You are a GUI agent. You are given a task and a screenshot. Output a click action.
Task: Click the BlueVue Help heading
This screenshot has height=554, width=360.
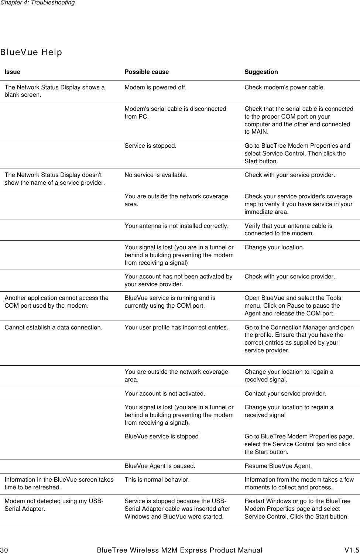[31, 52]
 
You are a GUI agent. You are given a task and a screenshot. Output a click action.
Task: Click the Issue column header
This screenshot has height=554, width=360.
[12, 72]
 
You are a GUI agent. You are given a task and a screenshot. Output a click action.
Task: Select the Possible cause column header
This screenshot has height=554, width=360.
[147, 72]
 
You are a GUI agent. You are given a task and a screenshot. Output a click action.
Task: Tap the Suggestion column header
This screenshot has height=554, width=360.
[261, 72]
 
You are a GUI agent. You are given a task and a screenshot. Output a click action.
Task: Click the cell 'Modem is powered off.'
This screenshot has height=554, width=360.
[155, 88]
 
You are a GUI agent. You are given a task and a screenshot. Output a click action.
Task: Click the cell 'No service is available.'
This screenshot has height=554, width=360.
[156, 175]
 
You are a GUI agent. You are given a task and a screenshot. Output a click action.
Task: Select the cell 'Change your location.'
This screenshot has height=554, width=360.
[274, 247]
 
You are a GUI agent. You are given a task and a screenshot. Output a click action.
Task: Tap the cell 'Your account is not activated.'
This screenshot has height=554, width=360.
[165, 393]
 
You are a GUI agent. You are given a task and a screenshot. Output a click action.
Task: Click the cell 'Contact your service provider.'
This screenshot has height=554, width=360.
[285, 393]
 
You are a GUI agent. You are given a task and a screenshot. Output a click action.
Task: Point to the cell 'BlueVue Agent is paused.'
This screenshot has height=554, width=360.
[160, 466]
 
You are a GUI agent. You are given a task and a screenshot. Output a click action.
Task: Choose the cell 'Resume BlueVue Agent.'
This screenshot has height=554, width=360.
[278, 466]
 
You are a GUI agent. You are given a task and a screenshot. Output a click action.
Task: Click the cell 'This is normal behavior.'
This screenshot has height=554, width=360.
[157, 479]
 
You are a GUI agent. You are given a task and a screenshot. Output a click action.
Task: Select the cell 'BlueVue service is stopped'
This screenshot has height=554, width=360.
[161, 436]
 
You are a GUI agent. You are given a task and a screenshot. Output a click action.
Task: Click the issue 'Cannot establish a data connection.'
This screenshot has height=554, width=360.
[54, 327]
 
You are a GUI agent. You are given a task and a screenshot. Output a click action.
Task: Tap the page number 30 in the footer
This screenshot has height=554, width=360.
[4, 550]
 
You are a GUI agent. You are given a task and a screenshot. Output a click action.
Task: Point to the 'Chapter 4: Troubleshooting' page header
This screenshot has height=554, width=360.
[37, 3]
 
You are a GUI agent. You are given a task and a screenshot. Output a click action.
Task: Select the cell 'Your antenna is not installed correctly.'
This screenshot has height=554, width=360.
[176, 226]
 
